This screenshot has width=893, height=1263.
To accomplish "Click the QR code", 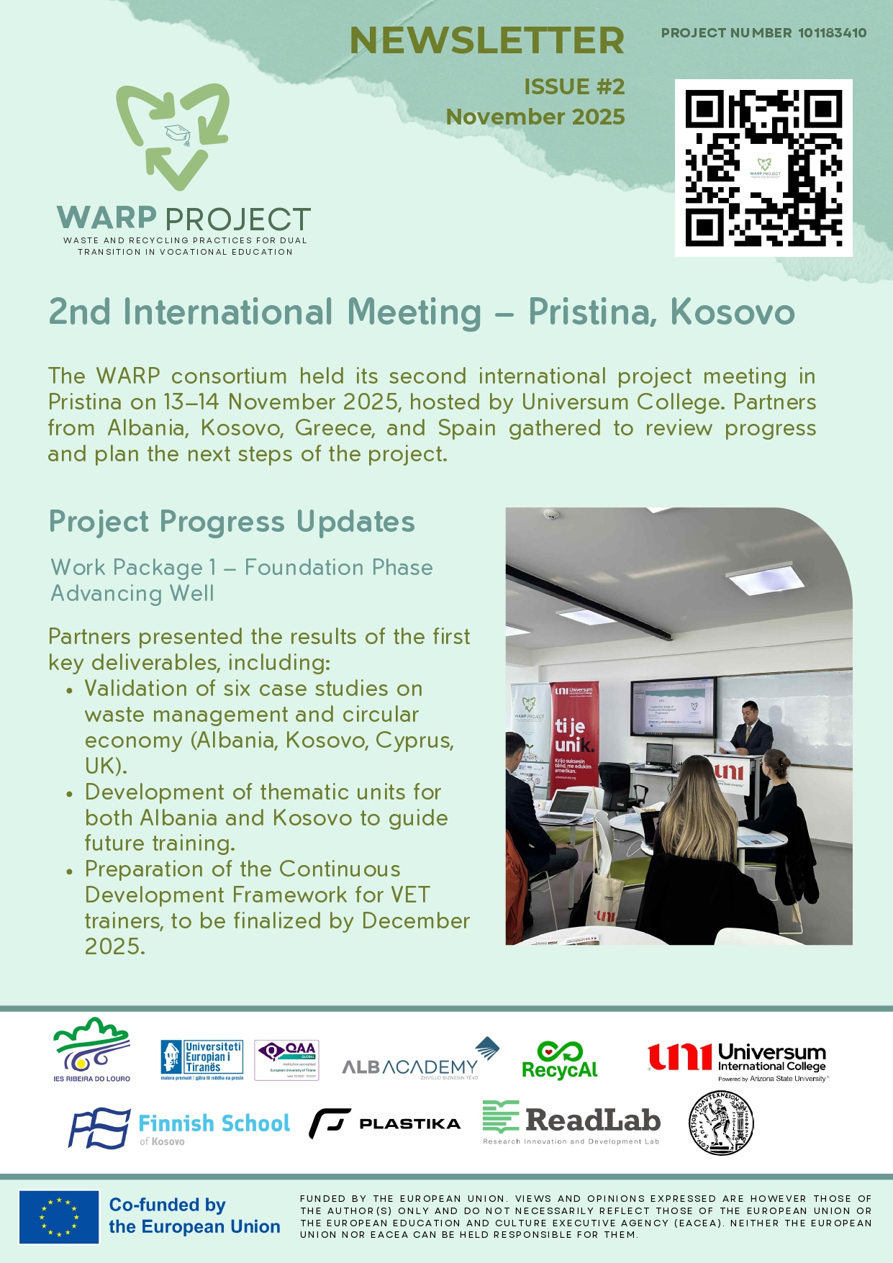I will pos(763,168).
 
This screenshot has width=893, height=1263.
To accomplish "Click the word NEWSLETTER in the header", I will pos(486,40).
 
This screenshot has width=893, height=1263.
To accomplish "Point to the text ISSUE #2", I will pos(574,87).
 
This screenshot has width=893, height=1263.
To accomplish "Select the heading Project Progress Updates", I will pos(232,522).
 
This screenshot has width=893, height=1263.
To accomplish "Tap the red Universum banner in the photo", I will pos(574,734).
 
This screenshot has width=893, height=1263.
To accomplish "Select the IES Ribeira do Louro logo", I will pos(91,1049).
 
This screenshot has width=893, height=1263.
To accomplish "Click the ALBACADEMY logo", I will pos(420,1059).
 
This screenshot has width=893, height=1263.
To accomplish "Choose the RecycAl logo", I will pos(560,1061).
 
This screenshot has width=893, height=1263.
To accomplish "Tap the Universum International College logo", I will pos(737,1061).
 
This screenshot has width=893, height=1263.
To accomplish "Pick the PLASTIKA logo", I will pos(385,1123).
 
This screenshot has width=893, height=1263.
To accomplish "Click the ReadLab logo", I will pos(571,1122).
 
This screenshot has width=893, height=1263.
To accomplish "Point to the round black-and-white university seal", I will pos(721,1123).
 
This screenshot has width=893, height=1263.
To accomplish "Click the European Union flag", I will pos(59,1217).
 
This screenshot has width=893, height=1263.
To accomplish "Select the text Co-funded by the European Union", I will pos(194,1216).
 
